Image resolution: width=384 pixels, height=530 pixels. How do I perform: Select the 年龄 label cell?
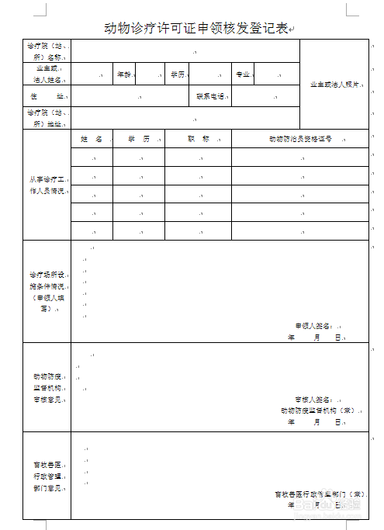pos(124,74)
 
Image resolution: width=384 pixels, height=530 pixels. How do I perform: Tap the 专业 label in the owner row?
pos(242,74)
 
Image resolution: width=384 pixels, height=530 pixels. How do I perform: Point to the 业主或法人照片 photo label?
pos(334,85)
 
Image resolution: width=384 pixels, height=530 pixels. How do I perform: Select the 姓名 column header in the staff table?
pos(91,138)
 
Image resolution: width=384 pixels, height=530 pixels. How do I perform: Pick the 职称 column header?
pos(198,138)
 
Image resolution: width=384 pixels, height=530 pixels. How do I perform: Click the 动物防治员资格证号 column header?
pos(300,139)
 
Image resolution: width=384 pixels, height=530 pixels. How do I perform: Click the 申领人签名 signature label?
pos(313,326)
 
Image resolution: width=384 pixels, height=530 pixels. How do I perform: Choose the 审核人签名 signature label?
pos(313,399)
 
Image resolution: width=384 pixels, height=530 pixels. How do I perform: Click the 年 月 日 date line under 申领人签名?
pos(314,338)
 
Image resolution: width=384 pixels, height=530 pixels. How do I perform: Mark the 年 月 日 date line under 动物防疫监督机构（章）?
pos(314,421)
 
